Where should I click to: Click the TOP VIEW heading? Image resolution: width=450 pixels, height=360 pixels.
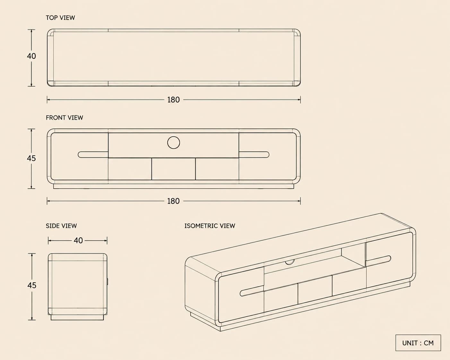click(60, 18)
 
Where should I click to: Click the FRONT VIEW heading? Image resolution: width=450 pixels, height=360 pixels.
click(65, 118)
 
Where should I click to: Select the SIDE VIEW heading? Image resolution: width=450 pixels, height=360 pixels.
click(61, 226)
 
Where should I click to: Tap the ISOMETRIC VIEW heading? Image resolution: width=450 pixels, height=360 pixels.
click(210, 226)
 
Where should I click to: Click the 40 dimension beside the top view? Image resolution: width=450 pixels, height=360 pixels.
click(31, 56)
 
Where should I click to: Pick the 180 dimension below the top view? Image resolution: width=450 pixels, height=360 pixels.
click(173, 100)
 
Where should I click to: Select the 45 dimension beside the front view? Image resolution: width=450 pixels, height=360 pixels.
click(31, 158)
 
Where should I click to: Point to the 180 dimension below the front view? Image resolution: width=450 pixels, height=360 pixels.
click(173, 201)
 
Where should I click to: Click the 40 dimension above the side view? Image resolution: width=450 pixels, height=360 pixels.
click(78, 240)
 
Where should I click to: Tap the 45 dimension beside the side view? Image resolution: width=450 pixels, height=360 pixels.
click(32, 285)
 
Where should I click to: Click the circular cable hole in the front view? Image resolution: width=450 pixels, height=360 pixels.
click(174, 143)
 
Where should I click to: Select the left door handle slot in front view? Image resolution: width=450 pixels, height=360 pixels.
click(93, 155)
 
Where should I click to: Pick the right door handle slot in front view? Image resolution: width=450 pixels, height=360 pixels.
click(254, 155)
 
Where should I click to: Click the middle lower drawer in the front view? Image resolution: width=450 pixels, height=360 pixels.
click(174, 169)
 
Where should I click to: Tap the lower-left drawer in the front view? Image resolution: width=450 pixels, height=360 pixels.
click(130, 169)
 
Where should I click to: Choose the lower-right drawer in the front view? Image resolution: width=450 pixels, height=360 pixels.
click(217, 169)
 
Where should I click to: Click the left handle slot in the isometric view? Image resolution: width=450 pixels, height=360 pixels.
click(252, 291)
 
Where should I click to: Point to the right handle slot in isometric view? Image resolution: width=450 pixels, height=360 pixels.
click(378, 261)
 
